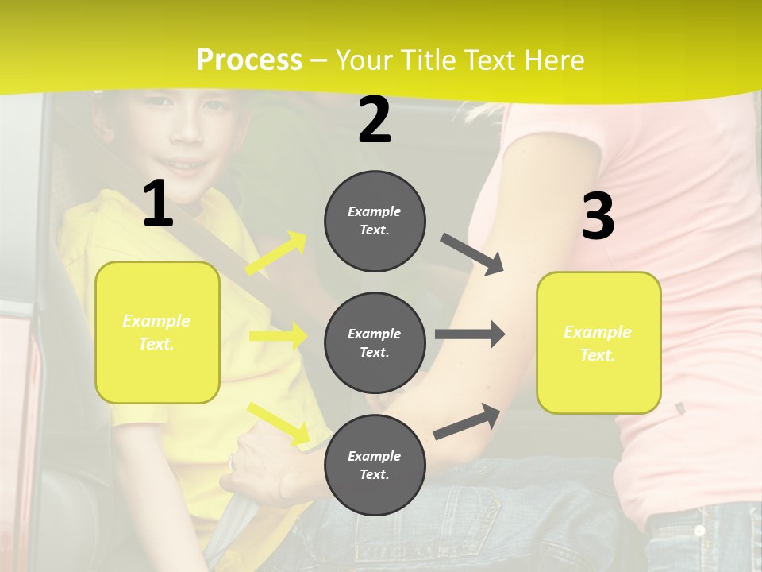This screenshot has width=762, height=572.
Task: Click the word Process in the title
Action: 249,60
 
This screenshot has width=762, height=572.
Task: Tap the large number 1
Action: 158,203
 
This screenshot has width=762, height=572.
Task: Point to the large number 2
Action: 375,120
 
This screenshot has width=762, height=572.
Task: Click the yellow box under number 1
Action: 157,332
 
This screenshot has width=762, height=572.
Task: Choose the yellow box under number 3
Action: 598,342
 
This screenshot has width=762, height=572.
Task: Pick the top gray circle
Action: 375,221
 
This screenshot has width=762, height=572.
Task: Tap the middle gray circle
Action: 375,342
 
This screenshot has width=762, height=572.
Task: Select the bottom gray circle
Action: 375,465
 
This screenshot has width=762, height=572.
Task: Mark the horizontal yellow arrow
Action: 278,336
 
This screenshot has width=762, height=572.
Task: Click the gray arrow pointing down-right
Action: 472,254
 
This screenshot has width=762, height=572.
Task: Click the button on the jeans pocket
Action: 698,530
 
